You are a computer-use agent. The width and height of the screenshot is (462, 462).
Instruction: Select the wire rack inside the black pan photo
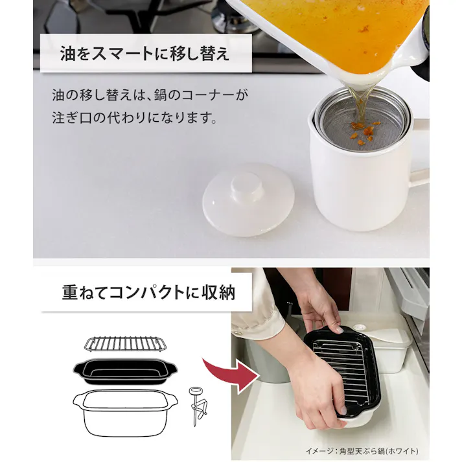(337, 369)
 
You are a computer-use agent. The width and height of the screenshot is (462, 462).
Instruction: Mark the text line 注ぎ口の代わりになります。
(133, 119)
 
